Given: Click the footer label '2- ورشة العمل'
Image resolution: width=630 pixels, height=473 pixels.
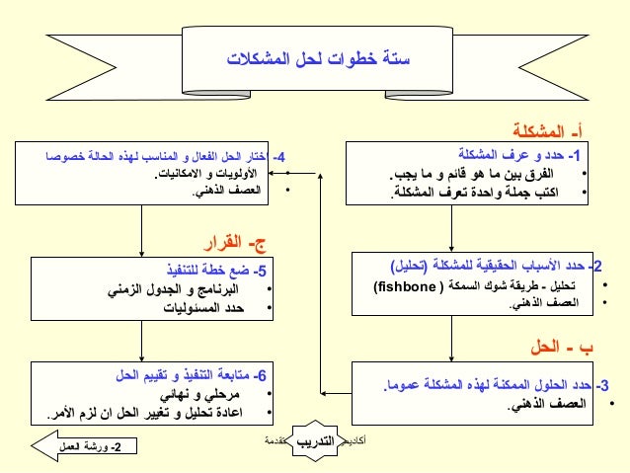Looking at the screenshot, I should point(88,447).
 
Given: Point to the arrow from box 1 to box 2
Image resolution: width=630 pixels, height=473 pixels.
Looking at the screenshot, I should point(450,228).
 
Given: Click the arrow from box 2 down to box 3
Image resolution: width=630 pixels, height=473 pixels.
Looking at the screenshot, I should point(451,339).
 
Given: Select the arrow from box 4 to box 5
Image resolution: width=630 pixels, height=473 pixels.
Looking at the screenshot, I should point(145,231).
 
